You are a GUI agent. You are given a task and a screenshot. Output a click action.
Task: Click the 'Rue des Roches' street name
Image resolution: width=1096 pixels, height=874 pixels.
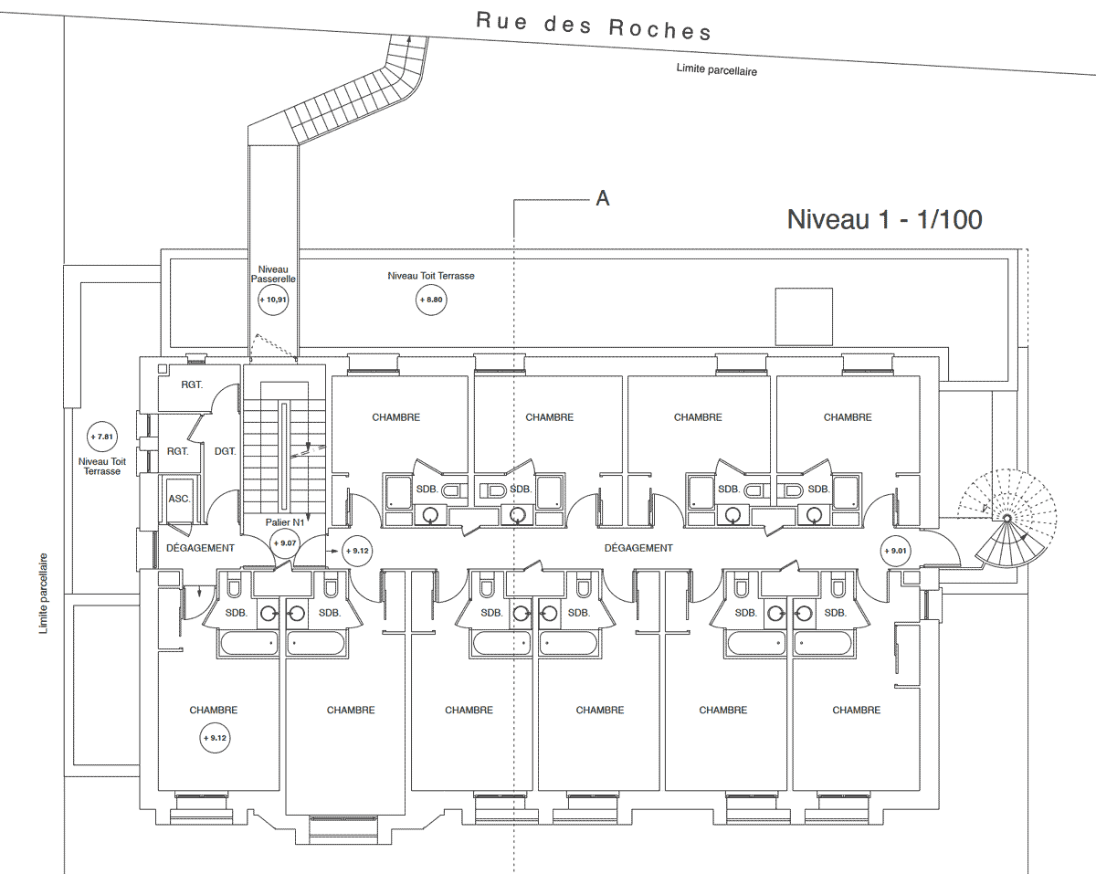pos(594,26)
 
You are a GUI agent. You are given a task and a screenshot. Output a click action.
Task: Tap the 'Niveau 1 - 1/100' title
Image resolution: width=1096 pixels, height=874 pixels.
pos(885,219)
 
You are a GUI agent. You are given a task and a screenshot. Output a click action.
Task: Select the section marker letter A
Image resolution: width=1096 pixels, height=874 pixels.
pos(603,198)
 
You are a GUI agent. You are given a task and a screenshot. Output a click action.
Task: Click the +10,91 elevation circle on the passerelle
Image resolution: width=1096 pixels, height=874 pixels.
pos(273,300)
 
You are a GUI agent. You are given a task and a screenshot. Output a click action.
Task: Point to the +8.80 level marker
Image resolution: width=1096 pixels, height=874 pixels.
pos(431,300)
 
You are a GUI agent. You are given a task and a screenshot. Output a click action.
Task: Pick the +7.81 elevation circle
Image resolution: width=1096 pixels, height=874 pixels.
pos(102,437)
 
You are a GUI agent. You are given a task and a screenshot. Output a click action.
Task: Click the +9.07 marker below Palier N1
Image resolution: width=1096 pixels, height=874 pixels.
pos(285,542)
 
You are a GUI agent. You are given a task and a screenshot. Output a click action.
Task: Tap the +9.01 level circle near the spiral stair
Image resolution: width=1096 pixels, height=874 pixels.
pos(896,551)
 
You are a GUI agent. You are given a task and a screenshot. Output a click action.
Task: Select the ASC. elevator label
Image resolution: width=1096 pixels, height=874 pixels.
pos(179,499)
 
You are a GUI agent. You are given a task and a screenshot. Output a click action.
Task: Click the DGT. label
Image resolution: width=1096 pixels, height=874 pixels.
pos(225,451)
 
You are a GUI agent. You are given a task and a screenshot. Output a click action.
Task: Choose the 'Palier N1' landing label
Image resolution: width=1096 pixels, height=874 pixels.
pos(285,522)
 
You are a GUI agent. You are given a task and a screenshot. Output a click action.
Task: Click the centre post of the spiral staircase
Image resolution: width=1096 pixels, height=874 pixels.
pos(1006,519)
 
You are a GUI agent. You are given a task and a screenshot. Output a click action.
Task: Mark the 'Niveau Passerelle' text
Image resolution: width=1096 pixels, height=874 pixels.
pos(273,274)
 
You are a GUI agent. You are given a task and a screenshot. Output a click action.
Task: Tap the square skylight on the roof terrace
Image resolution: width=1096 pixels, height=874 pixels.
pos(804,317)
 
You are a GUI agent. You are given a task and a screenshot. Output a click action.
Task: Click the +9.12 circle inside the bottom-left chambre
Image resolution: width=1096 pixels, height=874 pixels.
pos(215,738)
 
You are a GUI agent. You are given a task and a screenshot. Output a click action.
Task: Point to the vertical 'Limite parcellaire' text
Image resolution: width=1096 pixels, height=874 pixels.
pos(43,594)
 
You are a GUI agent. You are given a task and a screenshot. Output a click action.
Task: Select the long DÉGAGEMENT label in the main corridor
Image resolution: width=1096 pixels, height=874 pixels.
pos(638,548)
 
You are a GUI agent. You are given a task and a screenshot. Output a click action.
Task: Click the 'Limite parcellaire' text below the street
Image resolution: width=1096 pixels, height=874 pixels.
pos(717,69)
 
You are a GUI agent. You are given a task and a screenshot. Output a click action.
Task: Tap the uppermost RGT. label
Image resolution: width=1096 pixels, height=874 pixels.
pos(192,384)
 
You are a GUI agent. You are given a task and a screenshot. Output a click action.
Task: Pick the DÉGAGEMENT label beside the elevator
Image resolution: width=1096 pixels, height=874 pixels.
pos(201,548)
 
